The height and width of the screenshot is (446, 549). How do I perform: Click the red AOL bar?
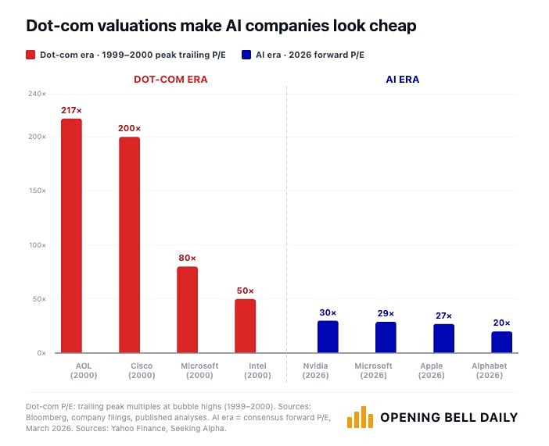[x=71, y=235]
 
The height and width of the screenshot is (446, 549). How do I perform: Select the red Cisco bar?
[x=129, y=244]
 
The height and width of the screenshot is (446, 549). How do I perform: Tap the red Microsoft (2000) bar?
[x=187, y=309]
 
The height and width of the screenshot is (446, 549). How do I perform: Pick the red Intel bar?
[x=246, y=326]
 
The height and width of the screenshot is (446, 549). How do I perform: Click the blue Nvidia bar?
[x=328, y=337]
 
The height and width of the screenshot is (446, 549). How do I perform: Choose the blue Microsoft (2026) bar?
[x=386, y=337]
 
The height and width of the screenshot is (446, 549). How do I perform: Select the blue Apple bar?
[x=443, y=338]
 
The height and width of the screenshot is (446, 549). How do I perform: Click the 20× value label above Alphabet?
[x=501, y=323]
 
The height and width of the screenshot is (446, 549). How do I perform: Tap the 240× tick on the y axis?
[x=37, y=94]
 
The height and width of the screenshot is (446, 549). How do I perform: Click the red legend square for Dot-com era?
[x=31, y=55]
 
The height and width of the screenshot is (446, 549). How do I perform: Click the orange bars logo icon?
[x=360, y=417]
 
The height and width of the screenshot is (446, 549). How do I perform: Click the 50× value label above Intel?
[x=246, y=291]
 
